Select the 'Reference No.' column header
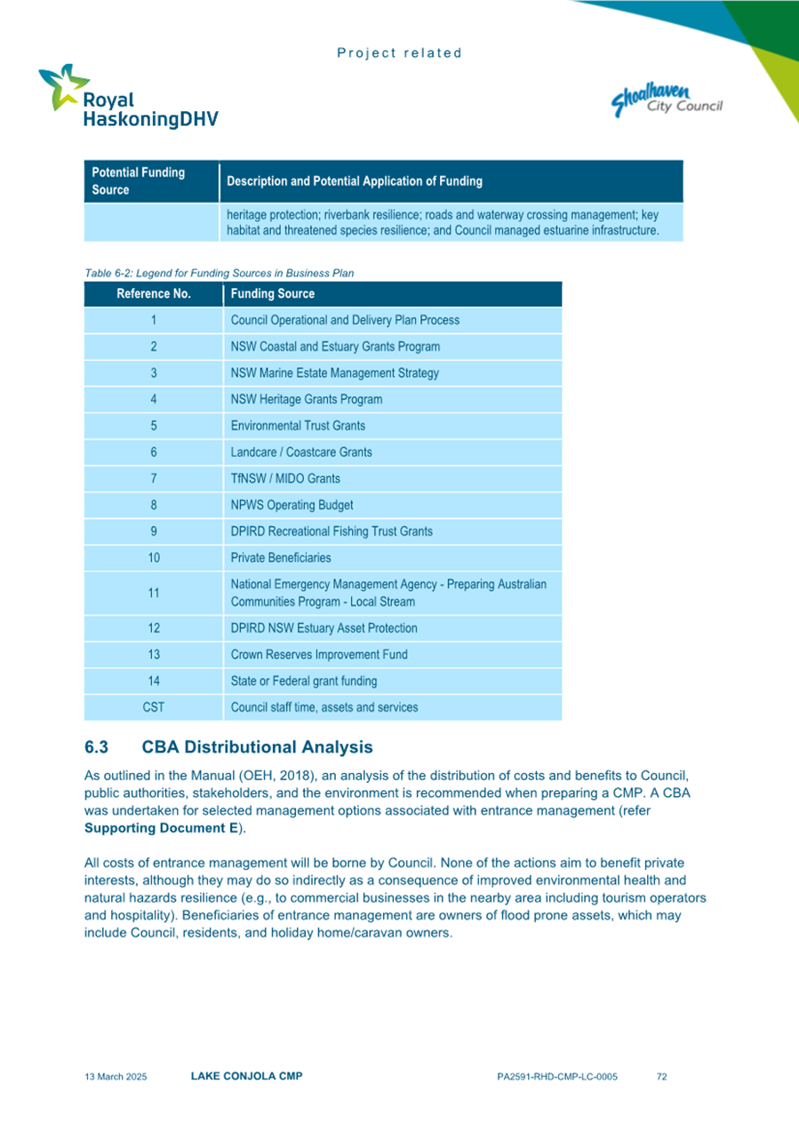coord(154,294)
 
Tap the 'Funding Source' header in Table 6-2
coord(272,294)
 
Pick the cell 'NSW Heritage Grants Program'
coord(307,400)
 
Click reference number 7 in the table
coord(154,479)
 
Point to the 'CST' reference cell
coord(154,708)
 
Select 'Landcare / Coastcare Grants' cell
coord(301,452)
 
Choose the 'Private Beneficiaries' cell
coord(281,558)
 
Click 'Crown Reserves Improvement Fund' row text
coord(319,655)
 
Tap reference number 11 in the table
coord(154,593)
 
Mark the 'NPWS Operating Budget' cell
coord(292,506)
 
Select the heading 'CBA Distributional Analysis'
coord(257,747)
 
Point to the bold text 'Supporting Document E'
coord(161,828)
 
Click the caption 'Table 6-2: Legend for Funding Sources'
coord(219,273)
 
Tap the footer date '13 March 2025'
coord(116,1077)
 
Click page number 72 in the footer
coord(661,1077)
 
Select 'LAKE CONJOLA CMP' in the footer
coord(246,1077)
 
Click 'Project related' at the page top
coord(399,53)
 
